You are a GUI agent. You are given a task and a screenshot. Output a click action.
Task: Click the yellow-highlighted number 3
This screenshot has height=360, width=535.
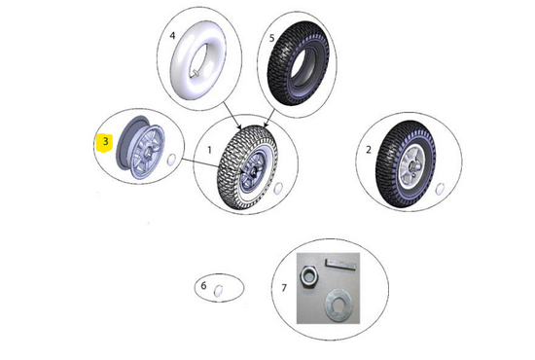[x=105, y=141]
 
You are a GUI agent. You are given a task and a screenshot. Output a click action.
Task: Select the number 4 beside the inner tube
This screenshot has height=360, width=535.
[x=172, y=35]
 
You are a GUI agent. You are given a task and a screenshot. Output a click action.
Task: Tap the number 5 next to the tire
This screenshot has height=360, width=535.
[x=271, y=38]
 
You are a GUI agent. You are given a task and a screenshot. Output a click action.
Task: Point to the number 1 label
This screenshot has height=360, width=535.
[x=209, y=150]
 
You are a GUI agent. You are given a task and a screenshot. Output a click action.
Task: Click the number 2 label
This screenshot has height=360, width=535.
[x=368, y=150]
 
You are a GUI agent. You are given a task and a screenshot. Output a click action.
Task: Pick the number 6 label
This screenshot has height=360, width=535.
[x=203, y=285]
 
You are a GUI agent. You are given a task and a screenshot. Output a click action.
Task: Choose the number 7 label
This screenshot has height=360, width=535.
[x=284, y=288]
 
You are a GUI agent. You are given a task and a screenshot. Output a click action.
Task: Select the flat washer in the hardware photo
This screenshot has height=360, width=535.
[x=339, y=305]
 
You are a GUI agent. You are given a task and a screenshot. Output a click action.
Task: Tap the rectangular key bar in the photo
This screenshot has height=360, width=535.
[x=341, y=263]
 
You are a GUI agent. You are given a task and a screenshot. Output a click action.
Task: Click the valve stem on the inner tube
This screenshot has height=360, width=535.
[x=196, y=73]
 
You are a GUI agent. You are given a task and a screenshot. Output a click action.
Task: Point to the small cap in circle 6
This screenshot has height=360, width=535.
[x=218, y=290]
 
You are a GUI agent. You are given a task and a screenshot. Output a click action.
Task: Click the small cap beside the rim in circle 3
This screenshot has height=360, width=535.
[x=171, y=160]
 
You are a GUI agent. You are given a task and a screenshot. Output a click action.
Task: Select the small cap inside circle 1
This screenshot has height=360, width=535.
[x=278, y=188]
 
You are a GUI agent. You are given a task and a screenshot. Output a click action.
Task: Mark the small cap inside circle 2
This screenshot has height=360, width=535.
[x=440, y=189]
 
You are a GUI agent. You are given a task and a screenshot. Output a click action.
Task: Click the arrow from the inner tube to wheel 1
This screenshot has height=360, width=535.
[x=232, y=115]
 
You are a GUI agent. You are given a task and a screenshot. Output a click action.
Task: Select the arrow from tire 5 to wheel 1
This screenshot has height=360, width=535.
[x=269, y=118]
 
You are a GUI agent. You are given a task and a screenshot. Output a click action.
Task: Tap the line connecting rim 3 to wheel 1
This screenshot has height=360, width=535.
[x=199, y=162]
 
